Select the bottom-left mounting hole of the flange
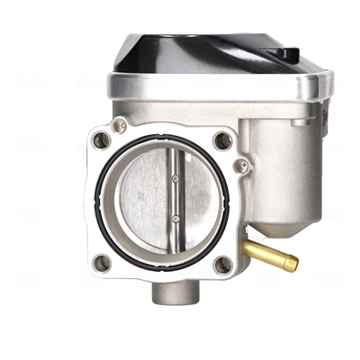tap(102, 263)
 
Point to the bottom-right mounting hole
tap(221, 264)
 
